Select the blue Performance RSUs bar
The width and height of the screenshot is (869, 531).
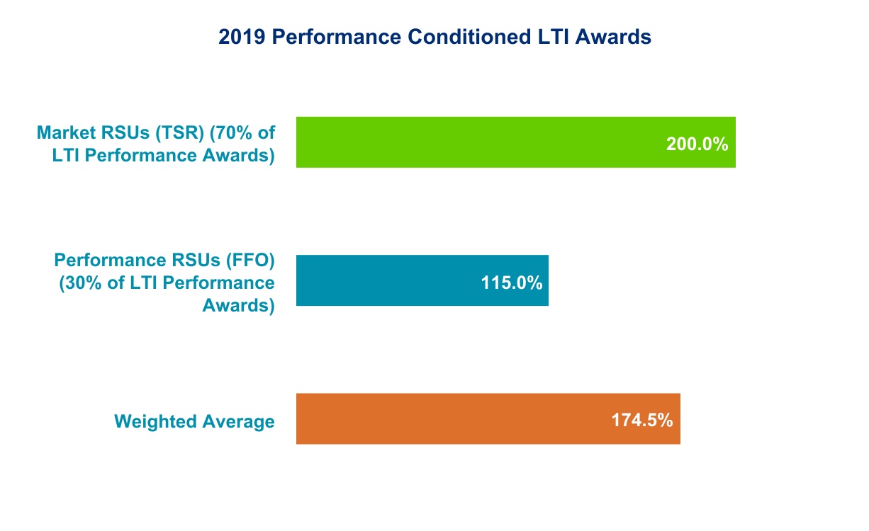(397, 280)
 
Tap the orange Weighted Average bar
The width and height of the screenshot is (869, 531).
(461, 418)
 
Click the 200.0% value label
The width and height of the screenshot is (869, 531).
(697, 144)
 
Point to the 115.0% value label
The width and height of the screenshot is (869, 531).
(511, 282)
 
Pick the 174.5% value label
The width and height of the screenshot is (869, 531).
(641, 420)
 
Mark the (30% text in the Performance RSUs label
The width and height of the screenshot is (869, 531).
(75, 282)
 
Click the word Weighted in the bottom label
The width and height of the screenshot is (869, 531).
(156, 422)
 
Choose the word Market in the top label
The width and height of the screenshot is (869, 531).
(66, 132)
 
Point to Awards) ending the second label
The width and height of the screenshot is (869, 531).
(239, 306)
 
